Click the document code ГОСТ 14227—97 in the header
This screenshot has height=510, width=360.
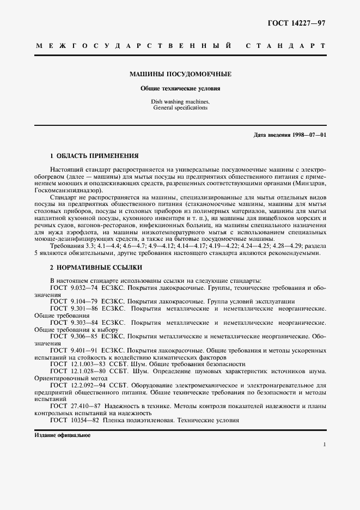coord(297,22)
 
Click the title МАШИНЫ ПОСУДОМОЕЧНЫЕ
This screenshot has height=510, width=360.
coord(180,74)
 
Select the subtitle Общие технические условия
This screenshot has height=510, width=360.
coord(180,88)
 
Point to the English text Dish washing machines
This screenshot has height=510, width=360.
coord(180,102)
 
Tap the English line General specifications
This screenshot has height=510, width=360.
coord(180,108)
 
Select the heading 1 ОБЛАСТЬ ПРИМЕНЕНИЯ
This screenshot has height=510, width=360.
coord(94,155)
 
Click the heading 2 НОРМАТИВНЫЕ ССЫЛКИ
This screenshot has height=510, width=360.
coord(96,268)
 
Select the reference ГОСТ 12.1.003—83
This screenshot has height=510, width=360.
coord(78,364)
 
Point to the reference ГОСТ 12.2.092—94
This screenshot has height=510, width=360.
coord(78,385)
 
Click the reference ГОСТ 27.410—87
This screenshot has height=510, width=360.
coord(77,406)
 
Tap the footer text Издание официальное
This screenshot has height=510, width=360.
coord(62,436)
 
